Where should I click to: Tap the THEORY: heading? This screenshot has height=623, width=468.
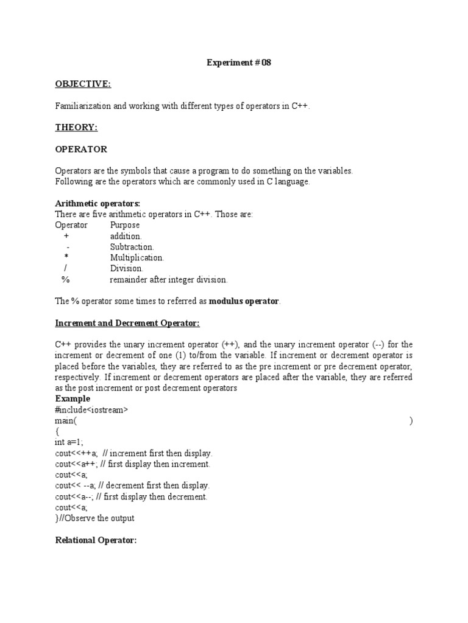pyautogui.click(x=77, y=127)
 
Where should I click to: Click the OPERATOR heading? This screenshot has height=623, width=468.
pyautogui.click(x=81, y=149)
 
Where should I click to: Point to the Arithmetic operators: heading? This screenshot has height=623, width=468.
pyautogui.click(x=97, y=203)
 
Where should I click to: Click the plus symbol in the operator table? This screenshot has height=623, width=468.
pyautogui.click(x=66, y=235)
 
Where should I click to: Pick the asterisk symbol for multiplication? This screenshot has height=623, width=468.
pyautogui.click(x=66, y=257)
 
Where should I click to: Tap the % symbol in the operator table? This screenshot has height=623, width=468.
pyautogui.click(x=65, y=279)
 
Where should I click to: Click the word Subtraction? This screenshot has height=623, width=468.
pyautogui.click(x=132, y=246)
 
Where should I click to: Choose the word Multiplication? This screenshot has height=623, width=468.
pyautogui.click(x=136, y=257)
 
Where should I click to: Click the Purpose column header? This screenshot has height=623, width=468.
pyautogui.click(x=124, y=225)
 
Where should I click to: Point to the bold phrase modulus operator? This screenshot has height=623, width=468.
pyautogui.click(x=244, y=301)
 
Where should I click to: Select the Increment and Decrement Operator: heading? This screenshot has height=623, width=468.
pyautogui.click(x=127, y=322)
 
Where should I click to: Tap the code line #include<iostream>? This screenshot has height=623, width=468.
pyautogui.click(x=91, y=410)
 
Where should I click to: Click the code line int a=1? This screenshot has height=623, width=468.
pyautogui.click(x=69, y=442)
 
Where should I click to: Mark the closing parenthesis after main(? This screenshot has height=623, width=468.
pyautogui.click(x=411, y=421)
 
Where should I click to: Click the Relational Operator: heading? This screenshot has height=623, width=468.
pyautogui.click(x=96, y=540)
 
